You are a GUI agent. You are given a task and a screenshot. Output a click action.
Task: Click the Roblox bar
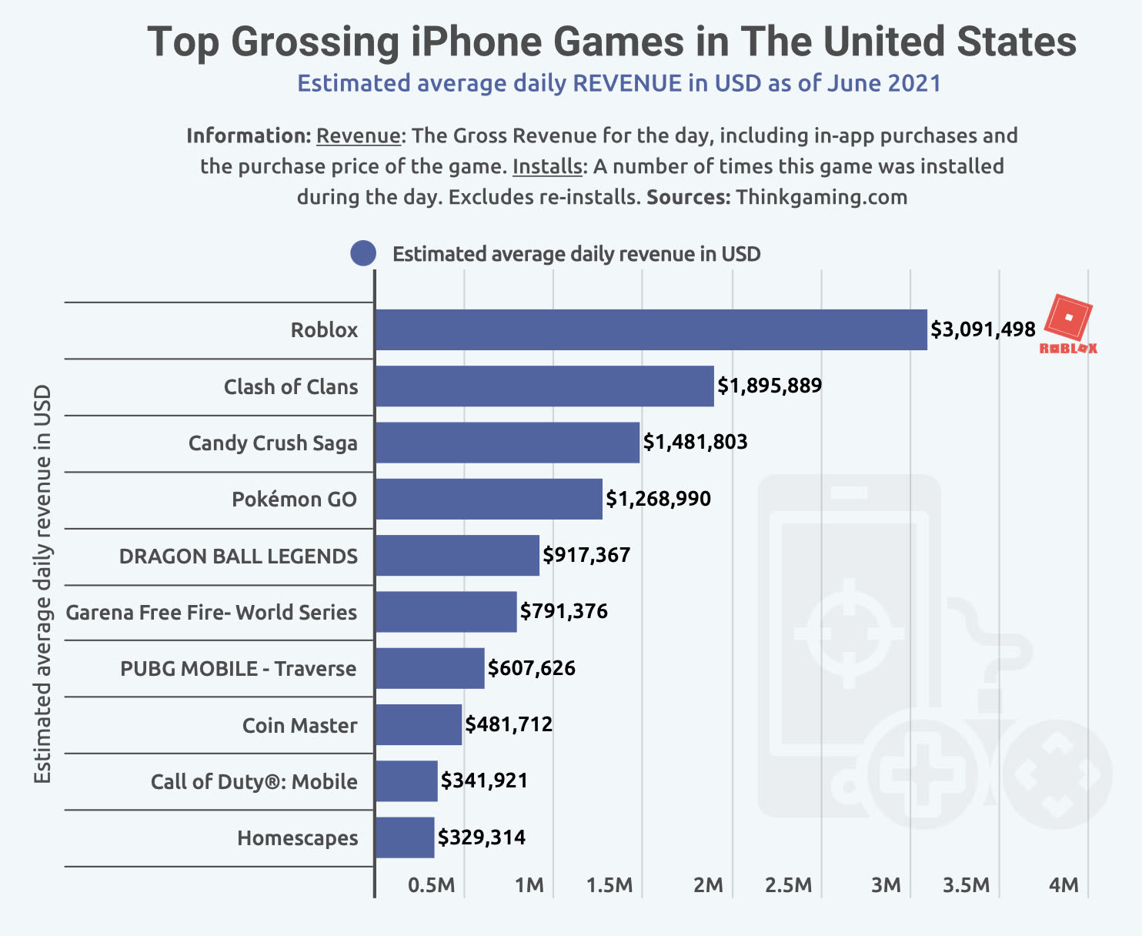pos(651,329)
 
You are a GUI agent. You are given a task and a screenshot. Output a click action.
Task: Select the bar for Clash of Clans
pos(545,386)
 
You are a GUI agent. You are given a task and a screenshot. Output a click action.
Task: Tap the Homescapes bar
pos(405,837)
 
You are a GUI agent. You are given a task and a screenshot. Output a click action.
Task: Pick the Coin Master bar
pos(419,724)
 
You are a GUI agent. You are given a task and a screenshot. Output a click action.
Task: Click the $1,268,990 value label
pos(659,499)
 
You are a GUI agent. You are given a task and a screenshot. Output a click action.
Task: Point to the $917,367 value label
pos(586,555)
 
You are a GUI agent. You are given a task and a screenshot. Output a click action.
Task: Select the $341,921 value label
pos(485,781)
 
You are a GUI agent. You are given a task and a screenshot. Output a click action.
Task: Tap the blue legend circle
pos(363,253)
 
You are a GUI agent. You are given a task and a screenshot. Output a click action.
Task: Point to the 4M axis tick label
pos(1064,885)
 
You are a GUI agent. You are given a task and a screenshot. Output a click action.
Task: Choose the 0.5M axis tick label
pos(432,885)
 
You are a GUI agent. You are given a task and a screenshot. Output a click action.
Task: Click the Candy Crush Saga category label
pos(273,443)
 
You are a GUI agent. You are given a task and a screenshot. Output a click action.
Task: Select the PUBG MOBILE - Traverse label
pos(239,668)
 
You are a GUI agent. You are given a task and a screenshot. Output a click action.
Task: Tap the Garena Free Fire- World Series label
pos(212,612)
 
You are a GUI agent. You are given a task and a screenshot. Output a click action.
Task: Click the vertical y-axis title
pos(42,585)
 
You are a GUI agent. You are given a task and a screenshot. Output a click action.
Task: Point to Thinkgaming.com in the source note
pos(822,197)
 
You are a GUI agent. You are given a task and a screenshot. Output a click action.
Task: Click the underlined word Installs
pos(548,166)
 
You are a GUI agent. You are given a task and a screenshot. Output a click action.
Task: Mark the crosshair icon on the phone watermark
pos(850,633)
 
